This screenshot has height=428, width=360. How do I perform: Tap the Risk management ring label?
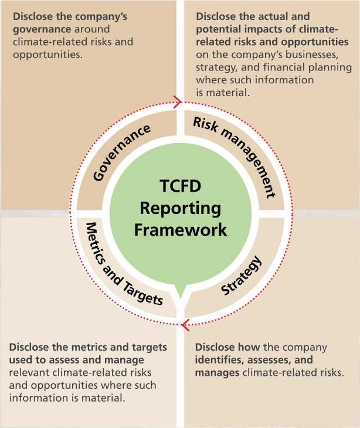[x=235, y=156]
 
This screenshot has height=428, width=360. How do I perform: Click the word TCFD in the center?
[x=180, y=187]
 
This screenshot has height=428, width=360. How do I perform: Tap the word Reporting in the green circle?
[x=180, y=208]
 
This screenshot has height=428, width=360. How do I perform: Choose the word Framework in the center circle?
[x=180, y=229]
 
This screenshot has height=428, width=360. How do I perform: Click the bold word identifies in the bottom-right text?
[x=218, y=359]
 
